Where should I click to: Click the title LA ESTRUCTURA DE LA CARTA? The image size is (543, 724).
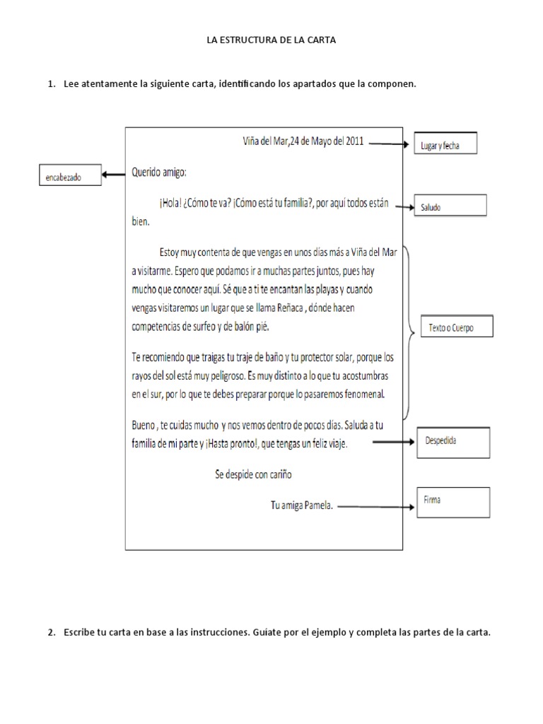271,40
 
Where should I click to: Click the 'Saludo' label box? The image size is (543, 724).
450,206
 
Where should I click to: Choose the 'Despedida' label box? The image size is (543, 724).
452,443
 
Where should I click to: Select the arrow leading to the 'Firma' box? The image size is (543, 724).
375,507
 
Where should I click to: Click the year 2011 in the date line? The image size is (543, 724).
353,140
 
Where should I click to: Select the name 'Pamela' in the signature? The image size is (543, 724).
317,506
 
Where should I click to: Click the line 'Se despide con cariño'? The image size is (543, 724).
253,475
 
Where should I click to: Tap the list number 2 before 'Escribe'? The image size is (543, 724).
52,633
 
